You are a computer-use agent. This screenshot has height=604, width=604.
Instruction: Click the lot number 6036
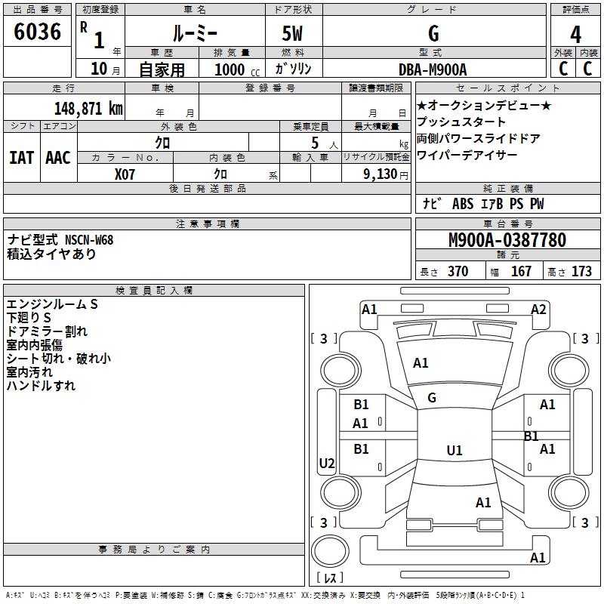(x=38, y=32)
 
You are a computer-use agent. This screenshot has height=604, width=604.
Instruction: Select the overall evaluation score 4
(x=575, y=34)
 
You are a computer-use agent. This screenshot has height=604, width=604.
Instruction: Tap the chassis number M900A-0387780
(x=507, y=240)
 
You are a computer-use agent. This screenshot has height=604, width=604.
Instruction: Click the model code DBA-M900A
(x=433, y=69)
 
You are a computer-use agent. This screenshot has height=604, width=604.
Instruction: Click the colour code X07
(x=125, y=174)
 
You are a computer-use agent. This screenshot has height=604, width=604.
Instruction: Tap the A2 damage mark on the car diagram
(x=538, y=309)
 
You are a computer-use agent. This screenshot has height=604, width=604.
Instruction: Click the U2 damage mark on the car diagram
(x=326, y=463)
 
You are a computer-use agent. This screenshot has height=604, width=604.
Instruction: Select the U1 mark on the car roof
(x=454, y=451)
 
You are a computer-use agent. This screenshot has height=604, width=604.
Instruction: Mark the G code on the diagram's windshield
(x=432, y=398)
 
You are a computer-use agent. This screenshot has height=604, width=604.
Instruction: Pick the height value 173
(x=581, y=272)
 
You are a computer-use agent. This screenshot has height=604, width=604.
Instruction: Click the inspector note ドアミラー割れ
(x=47, y=331)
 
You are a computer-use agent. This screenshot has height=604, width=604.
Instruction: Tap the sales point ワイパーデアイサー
(x=467, y=156)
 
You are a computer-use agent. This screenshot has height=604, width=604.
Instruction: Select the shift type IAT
(x=21, y=158)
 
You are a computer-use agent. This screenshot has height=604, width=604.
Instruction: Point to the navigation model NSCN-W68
(x=89, y=240)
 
